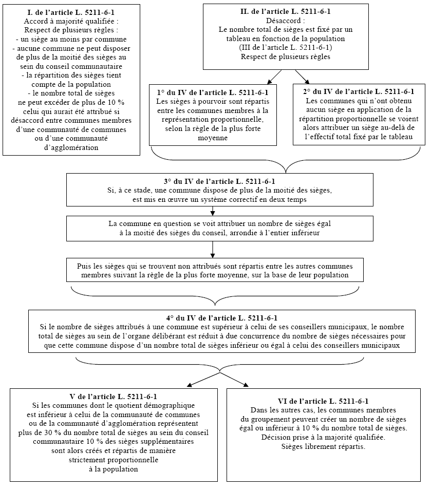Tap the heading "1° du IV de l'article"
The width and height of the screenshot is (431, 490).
tap(213, 92)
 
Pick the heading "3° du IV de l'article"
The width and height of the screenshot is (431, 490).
tap(219, 181)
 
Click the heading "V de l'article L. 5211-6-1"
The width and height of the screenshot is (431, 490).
tap(113, 397)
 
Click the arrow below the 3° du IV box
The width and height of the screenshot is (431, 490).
tap(213, 210)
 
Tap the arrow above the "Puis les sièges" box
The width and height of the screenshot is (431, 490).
tap(213, 249)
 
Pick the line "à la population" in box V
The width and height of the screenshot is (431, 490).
tap(113, 469)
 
